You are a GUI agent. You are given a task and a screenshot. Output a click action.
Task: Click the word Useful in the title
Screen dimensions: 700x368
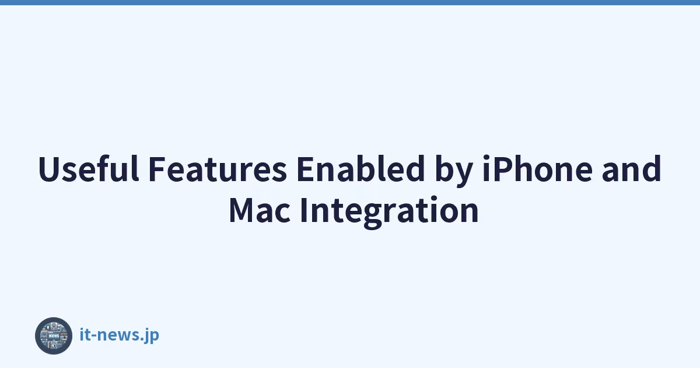[x=89, y=168]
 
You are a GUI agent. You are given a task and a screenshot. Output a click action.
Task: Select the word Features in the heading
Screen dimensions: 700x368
[x=218, y=169]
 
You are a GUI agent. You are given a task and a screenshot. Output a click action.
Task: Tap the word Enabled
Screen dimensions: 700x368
[x=360, y=168]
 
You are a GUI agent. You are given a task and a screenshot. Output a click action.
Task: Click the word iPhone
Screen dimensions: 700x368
[x=537, y=168]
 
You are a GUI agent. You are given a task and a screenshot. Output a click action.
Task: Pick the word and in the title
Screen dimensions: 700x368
[x=632, y=168]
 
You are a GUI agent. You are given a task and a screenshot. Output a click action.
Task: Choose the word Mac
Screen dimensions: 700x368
[x=260, y=210]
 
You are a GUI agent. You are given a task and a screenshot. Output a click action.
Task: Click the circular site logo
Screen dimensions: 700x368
[x=54, y=336]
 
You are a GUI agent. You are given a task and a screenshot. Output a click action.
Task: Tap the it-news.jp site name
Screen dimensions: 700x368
[x=120, y=335]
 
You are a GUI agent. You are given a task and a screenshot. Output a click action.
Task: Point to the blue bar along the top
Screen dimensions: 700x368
[x=350, y=2]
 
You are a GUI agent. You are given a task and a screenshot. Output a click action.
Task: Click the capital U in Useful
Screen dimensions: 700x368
[x=50, y=169]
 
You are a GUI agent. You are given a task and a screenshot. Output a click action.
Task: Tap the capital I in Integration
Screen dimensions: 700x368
[x=303, y=210]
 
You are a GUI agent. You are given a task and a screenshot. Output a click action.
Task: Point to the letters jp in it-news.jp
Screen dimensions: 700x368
[x=151, y=336]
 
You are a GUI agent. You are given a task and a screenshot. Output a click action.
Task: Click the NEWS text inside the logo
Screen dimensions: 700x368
[x=54, y=336]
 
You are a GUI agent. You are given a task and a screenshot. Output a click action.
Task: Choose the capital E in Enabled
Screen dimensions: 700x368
[x=306, y=169]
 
